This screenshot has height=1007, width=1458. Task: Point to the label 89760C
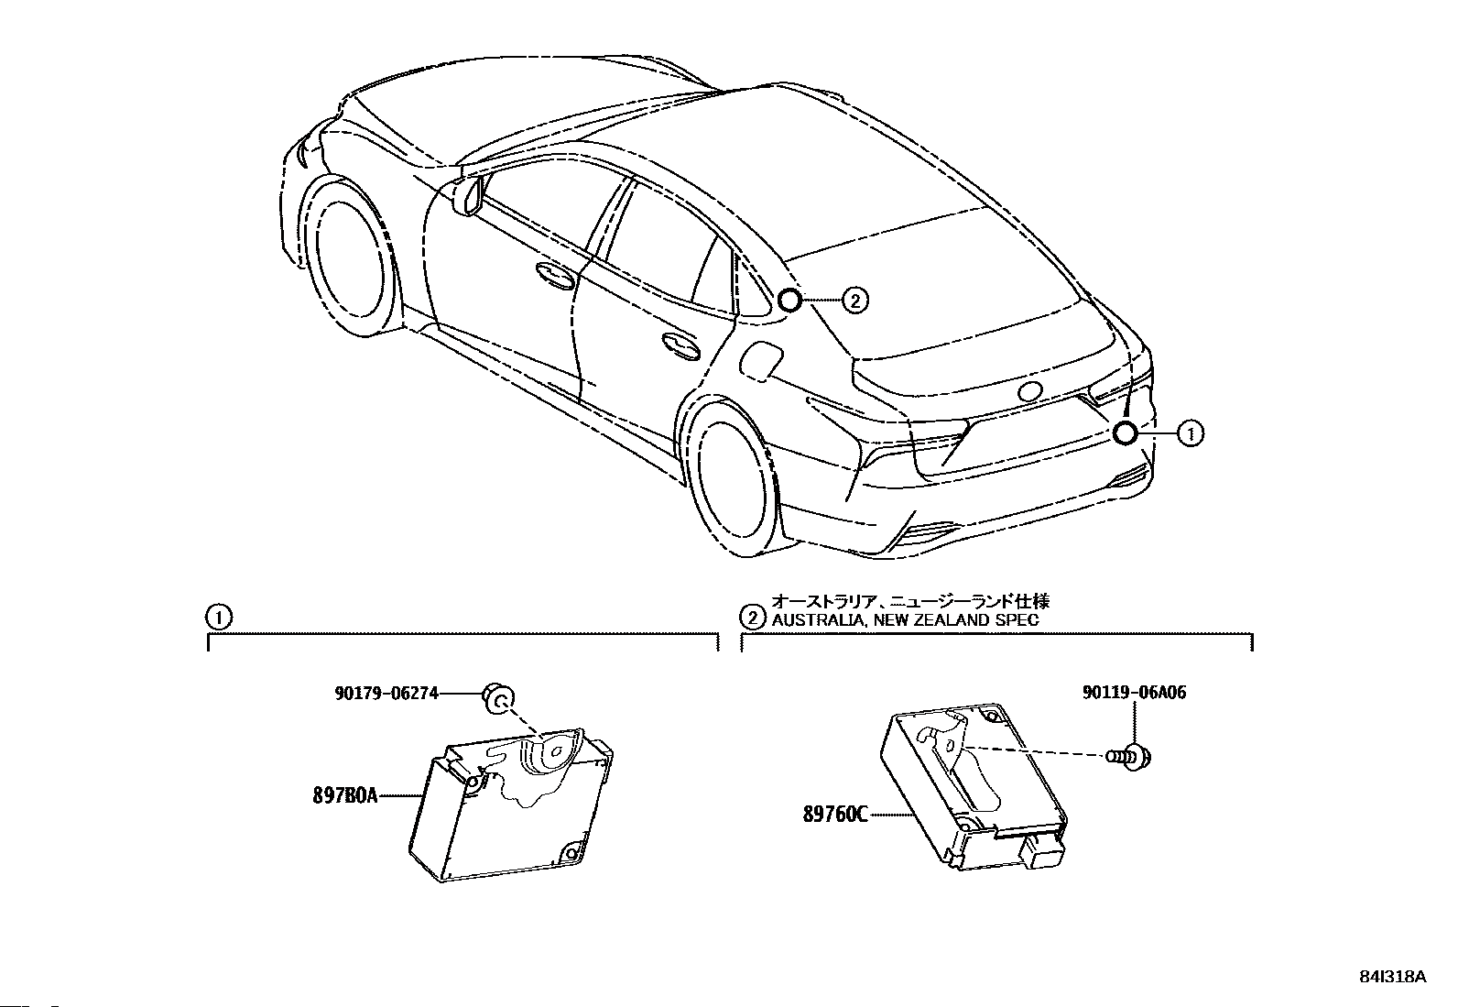(x=835, y=812)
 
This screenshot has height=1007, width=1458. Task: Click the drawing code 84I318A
(x=1393, y=977)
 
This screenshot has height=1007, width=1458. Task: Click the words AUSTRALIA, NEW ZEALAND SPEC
(x=905, y=619)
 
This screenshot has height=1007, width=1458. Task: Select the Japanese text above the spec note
(x=910, y=601)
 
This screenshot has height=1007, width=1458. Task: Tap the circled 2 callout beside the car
(x=854, y=300)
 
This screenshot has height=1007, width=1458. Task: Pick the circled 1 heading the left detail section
(x=218, y=617)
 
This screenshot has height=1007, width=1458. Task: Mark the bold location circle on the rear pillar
(x=789, y=300)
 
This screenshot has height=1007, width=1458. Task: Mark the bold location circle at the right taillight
(x=1126, y=433)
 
